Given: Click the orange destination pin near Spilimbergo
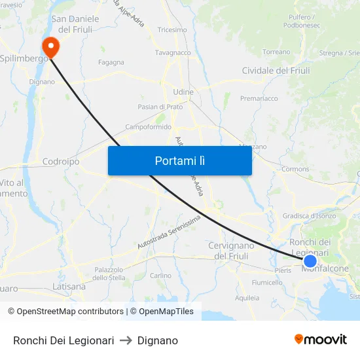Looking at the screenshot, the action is point(50,46).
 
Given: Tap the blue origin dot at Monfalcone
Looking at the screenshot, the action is point(310,261).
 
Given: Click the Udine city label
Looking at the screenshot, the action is point(183,92).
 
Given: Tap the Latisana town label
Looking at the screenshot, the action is point(69,287).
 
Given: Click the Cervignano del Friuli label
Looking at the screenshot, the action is point(232,251).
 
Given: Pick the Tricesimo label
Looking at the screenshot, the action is point(172,30).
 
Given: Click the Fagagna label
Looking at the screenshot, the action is point(111,63).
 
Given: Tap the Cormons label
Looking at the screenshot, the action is point(295,169).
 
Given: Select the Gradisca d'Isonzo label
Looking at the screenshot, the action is point(309,216).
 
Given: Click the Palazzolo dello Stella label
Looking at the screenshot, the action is point(109,274).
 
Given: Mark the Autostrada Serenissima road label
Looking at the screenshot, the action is point(168,233).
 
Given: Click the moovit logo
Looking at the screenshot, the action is point(321,339).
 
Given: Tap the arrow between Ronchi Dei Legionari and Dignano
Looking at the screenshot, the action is point(126,340).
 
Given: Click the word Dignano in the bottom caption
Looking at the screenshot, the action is point(158,340).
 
